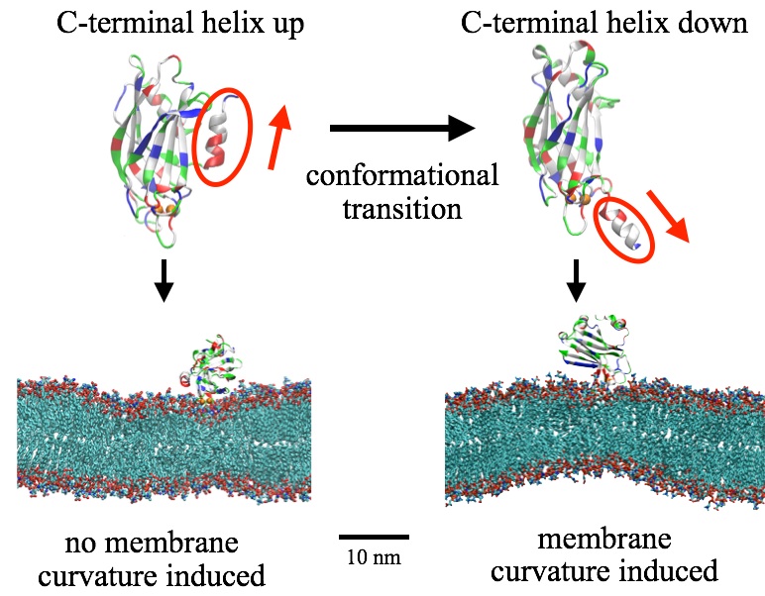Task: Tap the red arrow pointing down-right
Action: point(673,219)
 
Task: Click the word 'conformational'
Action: point(401,178)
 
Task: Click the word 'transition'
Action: point(402,210)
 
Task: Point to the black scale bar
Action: point(374,537)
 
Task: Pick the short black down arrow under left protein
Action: point(165,283)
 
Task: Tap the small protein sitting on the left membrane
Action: point(206,372)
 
